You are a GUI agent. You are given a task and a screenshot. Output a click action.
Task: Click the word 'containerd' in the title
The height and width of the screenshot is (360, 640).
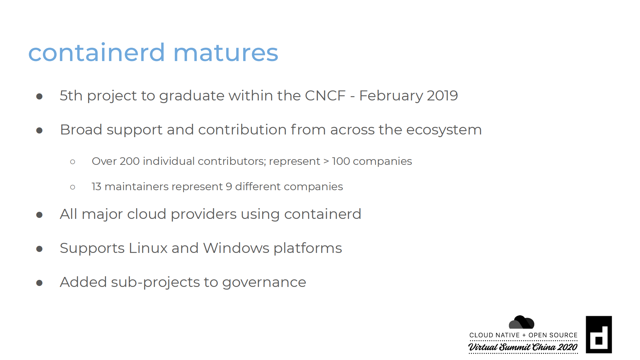(x=96, y=52)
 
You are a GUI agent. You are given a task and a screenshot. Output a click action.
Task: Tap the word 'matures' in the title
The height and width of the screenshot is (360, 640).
(x=226, y=53)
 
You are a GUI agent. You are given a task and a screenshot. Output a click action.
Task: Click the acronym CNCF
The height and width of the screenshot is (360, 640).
(x=325, y=96)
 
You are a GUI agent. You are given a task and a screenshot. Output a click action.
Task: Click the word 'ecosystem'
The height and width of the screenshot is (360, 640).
(x=444, y=130)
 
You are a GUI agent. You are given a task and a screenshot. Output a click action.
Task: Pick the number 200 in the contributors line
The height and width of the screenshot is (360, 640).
(x=130, y=161)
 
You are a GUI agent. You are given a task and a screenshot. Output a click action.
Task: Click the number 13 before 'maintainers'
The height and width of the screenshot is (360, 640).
(x=96, y=187)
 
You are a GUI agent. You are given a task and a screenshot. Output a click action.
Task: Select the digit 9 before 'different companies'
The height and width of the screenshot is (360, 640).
(x=229, y=187)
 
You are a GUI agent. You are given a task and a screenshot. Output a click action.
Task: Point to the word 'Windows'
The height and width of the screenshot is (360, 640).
(x=236, y=248)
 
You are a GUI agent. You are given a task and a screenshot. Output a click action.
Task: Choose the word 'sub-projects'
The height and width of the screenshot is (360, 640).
(x=155, y=283)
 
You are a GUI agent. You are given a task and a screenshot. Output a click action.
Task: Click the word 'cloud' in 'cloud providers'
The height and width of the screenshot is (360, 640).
(x=147, y=214)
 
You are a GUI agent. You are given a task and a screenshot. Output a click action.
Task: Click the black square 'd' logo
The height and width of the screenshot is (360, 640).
(x=599, y=335)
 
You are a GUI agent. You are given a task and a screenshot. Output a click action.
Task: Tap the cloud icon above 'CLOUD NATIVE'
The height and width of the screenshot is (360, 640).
(x=521, y=322)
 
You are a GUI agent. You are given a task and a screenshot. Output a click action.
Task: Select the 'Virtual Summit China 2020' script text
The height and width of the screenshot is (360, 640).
(x=523, y=347)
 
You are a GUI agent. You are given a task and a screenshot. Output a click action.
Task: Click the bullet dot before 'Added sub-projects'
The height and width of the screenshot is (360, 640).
(x=39, y=283)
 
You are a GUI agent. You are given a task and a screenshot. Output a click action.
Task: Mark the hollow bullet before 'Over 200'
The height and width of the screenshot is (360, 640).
(x=73, y=162)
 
